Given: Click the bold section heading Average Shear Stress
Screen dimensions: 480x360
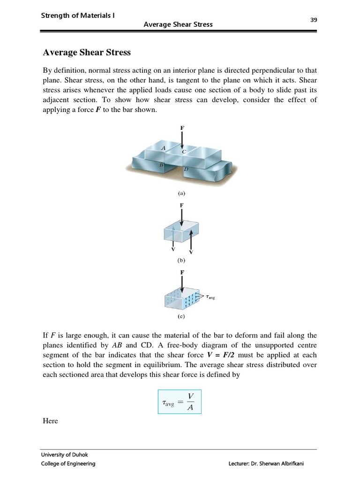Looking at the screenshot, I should pos(87,52).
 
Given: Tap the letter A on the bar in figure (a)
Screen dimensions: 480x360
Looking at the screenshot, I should pos(163,148).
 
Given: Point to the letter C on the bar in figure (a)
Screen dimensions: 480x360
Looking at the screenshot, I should pos(184,151).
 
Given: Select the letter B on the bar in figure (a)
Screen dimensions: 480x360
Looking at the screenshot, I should pos(161,165).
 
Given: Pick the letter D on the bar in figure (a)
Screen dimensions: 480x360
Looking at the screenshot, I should pos(186,168).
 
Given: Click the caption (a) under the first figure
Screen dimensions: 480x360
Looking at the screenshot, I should pos(181,192).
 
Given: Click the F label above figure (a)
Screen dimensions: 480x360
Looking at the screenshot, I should pos(182,127).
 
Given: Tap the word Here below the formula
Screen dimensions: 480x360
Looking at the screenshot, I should pos(51,421).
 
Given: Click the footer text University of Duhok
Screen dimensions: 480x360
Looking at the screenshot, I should pos(64,454).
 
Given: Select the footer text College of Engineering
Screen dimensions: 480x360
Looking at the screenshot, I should pos(68,464).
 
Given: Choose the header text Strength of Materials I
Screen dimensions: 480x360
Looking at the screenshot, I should pos(78,15).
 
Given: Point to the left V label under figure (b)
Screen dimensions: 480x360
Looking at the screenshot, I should pos(173,249).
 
